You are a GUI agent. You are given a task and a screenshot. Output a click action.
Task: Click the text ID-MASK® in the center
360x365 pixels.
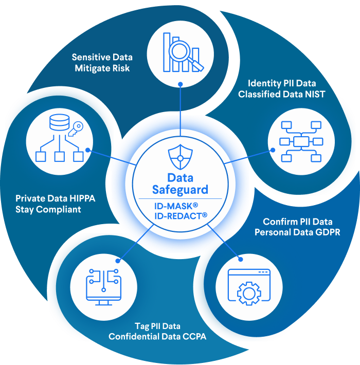coord(180,206)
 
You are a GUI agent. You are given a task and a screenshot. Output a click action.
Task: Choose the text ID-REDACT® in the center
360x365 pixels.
coord(180,216)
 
